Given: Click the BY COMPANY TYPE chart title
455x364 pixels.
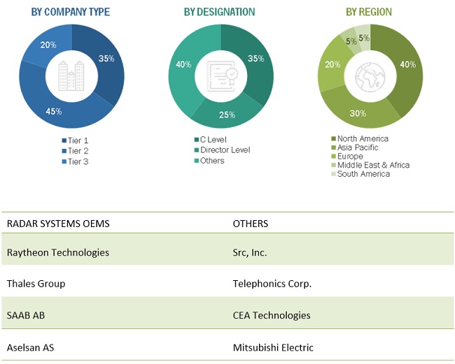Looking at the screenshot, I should pyautogui.click(x=71, y=12).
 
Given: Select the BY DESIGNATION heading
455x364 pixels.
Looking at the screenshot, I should pyautogui.click(x=219, y=12).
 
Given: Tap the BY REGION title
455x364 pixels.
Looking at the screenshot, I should pyautogui.click(x=369, y=12).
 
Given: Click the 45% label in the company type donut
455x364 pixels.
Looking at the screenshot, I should pyautogui.click(x=54, y=111).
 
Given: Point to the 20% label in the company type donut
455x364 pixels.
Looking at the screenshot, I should pyautogui.click(x=48, y=45).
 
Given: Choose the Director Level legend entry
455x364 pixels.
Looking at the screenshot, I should pyautogui.click(x=225, y=150).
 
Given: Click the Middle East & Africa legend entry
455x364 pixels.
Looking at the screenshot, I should pyautogui.click(x=373, y=166).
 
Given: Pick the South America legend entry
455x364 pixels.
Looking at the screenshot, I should pyautogui.click(x=363, y=174).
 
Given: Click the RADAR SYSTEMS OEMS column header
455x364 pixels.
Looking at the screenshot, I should pyautogui.click(x=58, y=224).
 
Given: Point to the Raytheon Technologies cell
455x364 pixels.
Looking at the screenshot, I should pyautogui.click(x=58, y=252).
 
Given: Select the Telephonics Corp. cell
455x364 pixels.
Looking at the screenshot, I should pyautogui.click(x=272, y=284).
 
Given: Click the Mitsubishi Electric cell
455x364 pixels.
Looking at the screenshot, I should pyautogui.click(x=273, y=347).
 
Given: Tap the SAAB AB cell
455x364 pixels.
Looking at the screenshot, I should pyautogui.click(x=26, y=315).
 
